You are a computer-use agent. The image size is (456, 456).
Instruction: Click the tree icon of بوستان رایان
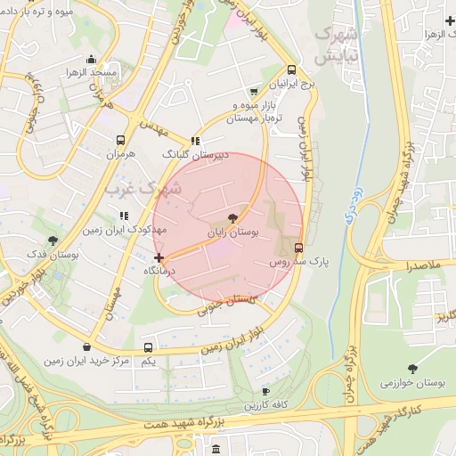coord(232,217)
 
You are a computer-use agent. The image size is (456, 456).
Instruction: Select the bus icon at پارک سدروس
coord(298,248)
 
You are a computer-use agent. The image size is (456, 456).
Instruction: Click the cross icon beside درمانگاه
coord(159,258)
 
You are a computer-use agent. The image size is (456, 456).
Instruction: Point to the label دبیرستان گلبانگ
coord(195,154)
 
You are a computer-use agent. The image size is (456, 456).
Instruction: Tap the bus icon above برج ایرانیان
coord(291,70)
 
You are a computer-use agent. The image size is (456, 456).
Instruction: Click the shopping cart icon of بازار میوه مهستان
coord(255,91)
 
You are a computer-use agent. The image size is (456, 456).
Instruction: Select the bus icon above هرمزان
coord(120,140)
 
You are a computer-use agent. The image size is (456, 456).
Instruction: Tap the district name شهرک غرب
coord(142,189)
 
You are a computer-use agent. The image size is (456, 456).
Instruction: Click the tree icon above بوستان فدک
coord(54,240)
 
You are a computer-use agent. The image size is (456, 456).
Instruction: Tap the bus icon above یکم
coord(148,347)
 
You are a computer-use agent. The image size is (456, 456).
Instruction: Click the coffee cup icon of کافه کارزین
coord(265,391)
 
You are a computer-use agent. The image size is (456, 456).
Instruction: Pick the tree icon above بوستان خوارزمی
coord(411,368)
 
